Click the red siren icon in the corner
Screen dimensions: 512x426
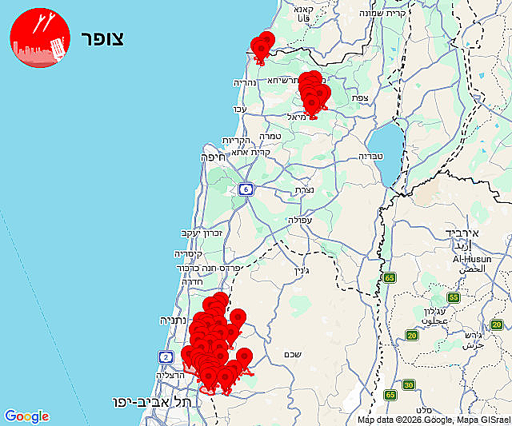38,38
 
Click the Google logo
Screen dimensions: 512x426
26,416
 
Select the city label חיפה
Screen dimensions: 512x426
214,157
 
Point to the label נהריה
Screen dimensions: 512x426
244,82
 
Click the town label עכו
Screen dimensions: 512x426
239,109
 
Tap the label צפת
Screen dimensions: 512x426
360,98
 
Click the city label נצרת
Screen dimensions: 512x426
304,189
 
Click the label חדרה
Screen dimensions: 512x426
194,281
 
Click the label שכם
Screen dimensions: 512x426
292,354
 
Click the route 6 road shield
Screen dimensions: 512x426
245,189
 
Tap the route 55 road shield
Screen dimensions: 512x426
454,297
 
